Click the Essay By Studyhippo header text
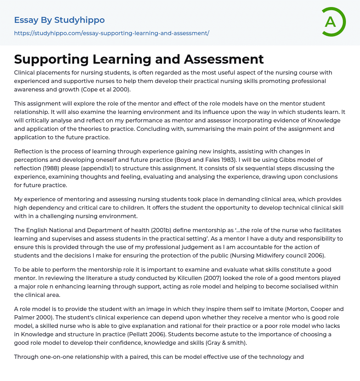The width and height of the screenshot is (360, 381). pos(59,20)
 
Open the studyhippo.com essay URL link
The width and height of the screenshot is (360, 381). pos(111,33)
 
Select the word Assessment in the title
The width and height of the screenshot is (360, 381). pos(224,59)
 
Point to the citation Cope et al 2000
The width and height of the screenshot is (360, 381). pos(105,89)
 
